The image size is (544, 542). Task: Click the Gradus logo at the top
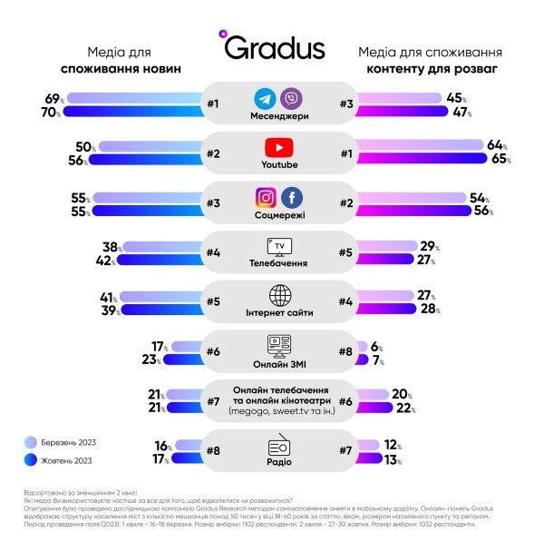pyautogui.click(x=272, y=46)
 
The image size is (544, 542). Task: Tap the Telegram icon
pyautogui.click(x=265, y=98)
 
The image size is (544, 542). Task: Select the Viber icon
pyautogui.click(x=290, y=98)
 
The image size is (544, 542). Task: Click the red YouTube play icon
pyautogui.click(x=278, y=147)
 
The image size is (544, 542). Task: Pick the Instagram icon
pyautogui.click(x=265, y=196)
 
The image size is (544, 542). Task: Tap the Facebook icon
pyautogui.click(x=290, y=196)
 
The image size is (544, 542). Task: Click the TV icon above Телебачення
pyautogui.click(x=278, y=246)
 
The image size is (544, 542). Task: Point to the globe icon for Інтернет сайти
pyautogui.click(x=278, y=295)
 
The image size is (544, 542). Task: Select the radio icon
pyautogui.click(x=278, y=445)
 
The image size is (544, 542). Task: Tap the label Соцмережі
pyautogui.click(x=278, y=214)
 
